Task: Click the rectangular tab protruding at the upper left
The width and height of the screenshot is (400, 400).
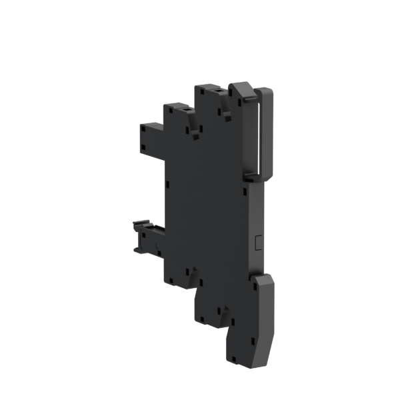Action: pyautogui.click(x=151, y=137)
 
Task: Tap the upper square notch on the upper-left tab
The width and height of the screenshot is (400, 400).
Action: pyautogui.click(x=143, y=129)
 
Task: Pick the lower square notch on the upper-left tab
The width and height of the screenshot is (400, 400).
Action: pyautogui.click(x=143, y=145)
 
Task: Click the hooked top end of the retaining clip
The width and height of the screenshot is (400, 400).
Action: pyautogui.click(x=239, y=89)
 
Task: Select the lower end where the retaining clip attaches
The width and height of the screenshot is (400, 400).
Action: pyautogui.click(x=253, y=177)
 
